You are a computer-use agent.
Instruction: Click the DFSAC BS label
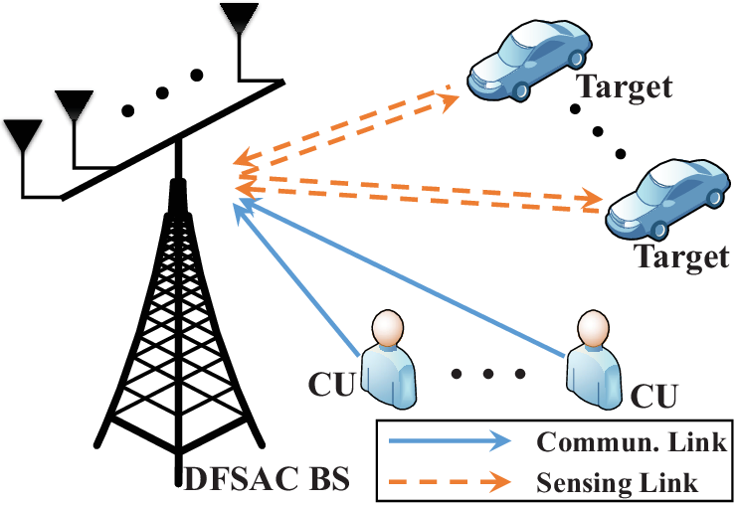pyautogui.click(x=267, y=479)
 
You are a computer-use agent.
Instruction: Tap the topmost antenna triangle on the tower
pyautogui.click(x=239, y=17)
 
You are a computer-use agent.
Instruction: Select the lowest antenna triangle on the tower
pyautogui.click(x=23, y=134)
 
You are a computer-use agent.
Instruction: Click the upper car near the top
pyautogui.click(x=529, y=60)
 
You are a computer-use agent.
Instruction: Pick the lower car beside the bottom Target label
pyautogui.click(x=668, y=198)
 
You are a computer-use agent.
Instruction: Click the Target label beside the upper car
pyautogui.click(x=624, y=86)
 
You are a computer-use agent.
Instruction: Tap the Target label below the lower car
pyautogui.click(x=682, y=256)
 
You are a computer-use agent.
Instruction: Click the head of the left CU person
pyautogui.click(x=388, y=329)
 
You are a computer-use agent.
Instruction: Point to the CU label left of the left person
pyautogui.click(x=331, y=384)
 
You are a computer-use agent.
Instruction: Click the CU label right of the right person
pyautogui.click(x=653, y=396)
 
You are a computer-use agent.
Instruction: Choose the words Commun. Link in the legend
pyautogui.click(x=632, y=441)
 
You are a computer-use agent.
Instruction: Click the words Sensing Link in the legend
pyautogui.click(x=617, y=482)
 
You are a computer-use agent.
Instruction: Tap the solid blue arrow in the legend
pyautogui.click(x=450, y=440)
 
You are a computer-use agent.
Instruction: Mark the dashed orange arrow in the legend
pyautogui.click(x=450, y=481)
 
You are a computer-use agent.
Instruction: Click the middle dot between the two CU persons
pyautogui.click(x=488, y=374)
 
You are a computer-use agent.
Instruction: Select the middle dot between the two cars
pyautogui.click(x=598, y=131)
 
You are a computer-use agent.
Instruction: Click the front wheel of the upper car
pyautogui.click(x=520, y=89)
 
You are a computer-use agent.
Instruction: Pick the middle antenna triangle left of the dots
pyautogui.click(x=74, y=105)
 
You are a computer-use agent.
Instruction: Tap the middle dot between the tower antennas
pyautogui.click(x=162, y=92)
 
